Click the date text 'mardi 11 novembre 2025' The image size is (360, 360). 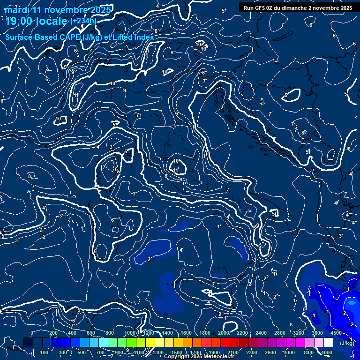point(58,10)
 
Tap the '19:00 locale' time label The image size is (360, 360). point(37,21)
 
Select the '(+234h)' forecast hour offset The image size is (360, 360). point(83,21)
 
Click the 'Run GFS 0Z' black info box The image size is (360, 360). point(298,7)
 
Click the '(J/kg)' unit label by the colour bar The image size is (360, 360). point(347,343)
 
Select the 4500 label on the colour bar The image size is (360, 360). point(336,333)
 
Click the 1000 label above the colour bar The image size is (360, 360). point(130,333)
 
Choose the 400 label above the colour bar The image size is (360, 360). point(72,333)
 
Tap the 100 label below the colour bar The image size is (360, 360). point(44,352)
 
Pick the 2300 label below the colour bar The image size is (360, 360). point(252,352)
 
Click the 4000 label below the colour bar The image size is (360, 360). point(327,352)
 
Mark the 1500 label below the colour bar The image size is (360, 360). point(177,352)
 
